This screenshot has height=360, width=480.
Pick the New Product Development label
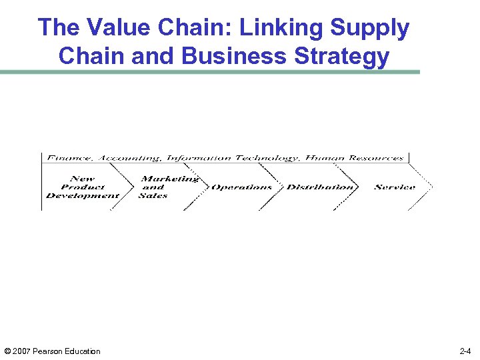pyautogui.click(x=83, y=187)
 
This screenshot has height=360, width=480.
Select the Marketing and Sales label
pyautogui.click(x=168, y=187)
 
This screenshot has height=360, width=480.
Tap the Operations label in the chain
pyautogui.click(x=241, y=187)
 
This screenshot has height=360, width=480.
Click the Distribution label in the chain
pyautogui.click(x=319, y=187)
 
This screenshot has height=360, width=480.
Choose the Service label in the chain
pyautogui.click(x=395, y=187)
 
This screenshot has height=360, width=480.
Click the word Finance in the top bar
pyautogui.click(x=69, y=159)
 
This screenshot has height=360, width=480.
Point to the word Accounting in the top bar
pyautogui.click(x=129, y=159)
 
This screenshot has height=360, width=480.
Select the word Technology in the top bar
pyautogui.click(x=265, y=159)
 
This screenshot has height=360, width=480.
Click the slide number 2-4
pyautogui.click(x=465, y=351)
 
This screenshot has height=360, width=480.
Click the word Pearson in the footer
pyautogui.click(x=51, y=351)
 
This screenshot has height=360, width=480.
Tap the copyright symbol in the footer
pyautogui.click(x=7, y=351)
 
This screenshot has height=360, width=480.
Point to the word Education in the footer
pyautogui.click(x=83, y=351)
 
